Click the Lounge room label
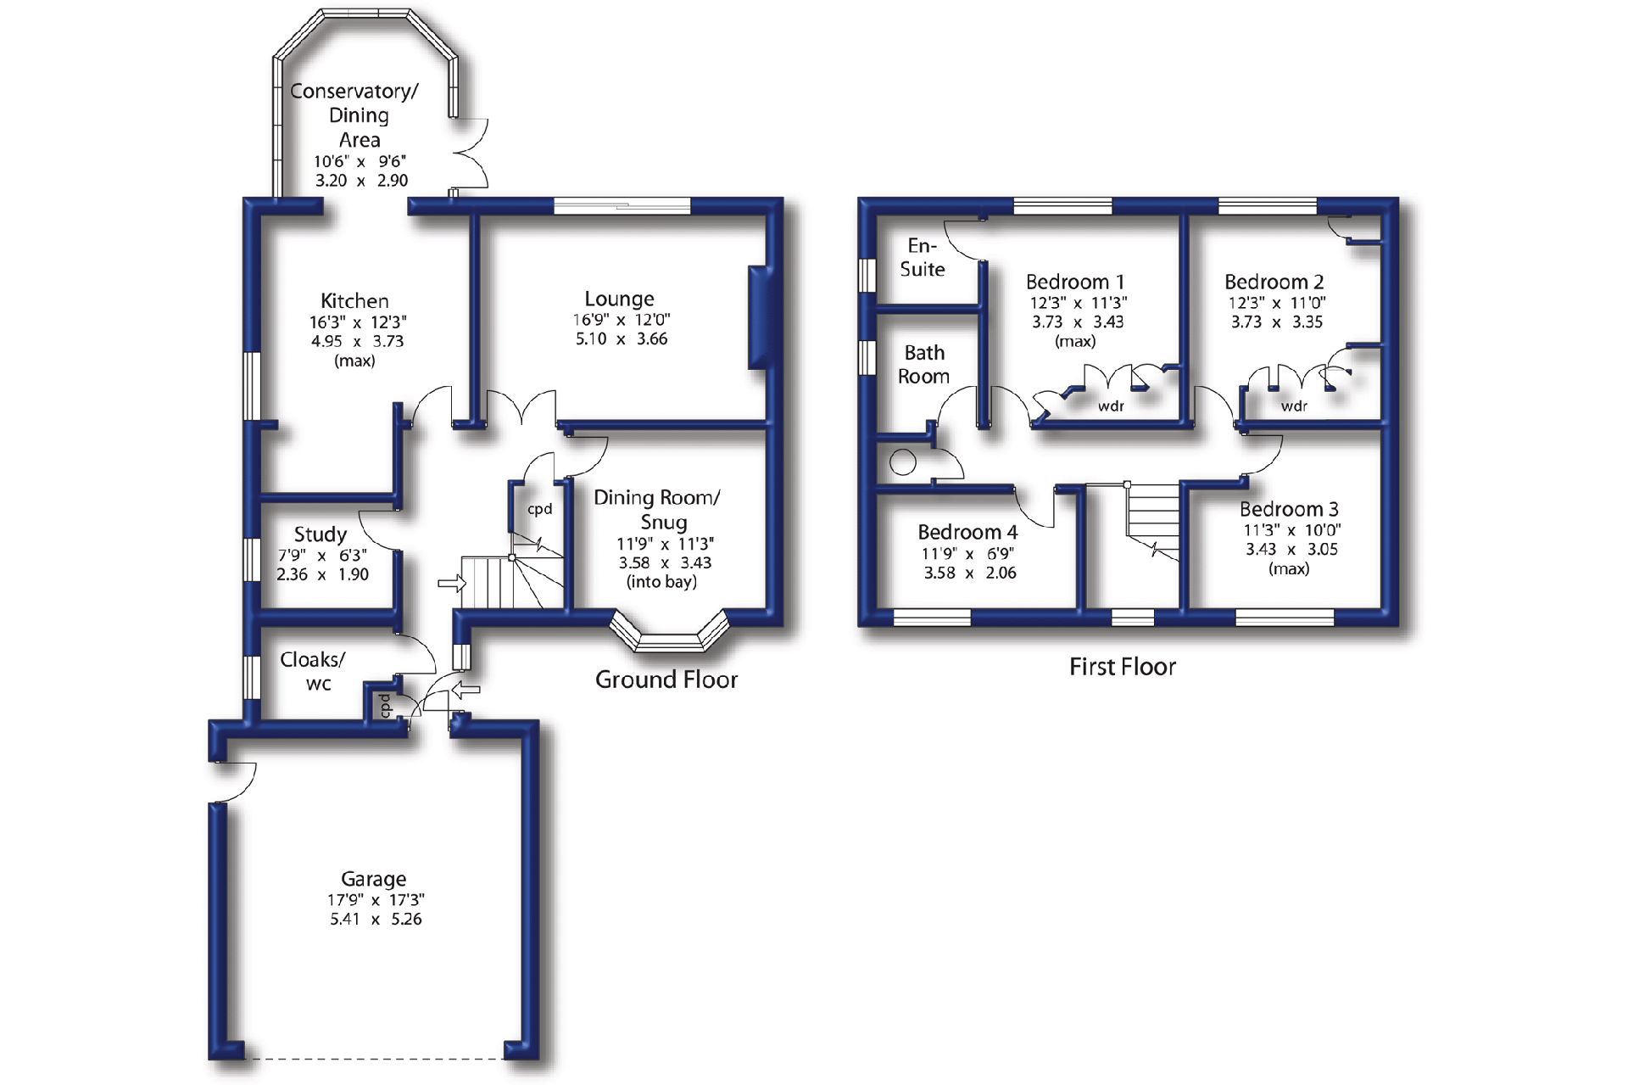pyautogui.click(x=619, y=299)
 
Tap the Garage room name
pyautogui.click(x=373, y=879)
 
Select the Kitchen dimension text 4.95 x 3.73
pyautogui.click(x=357, y=341)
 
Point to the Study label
pyautogui.click(x=321, y=534)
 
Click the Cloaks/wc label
pyautogui.click(x=313, y=671)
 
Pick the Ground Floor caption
pyautogui.click(x=666, y=680)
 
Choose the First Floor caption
pyautogui.click(x=1122, y=667)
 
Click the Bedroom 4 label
pyautogui.click(x=967, y=533)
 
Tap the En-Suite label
pyautogui.click(x=923, y=257)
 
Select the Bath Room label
pyautogui.click(x=923, y=364)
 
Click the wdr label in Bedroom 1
pyautogui.click(x=1111, y=406)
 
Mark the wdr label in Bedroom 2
pyautogui.click(x=1294, y=406)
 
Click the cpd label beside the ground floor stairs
pyautogui.click(x=540, y=509)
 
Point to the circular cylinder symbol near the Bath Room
pyautogui.click(x=903, y=462)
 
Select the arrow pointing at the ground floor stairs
pyautogui.click(x=452, y=583)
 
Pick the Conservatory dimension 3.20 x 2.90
pyautogui.click(x=361, y=180)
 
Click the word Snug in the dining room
pyautogui.click(x=664, y=522)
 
